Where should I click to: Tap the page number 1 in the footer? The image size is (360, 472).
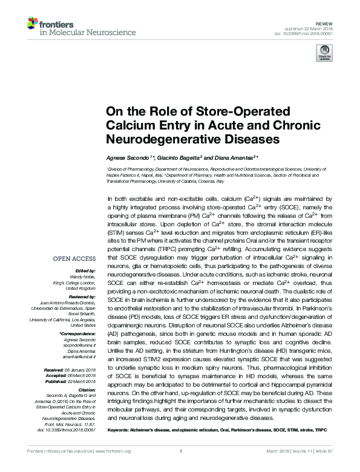180,450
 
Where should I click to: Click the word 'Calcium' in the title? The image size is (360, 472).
133,125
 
